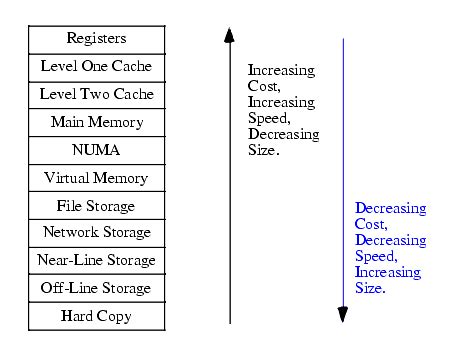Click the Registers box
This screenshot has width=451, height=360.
(x=96, y=38)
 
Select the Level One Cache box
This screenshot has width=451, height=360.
(x=96, y=66)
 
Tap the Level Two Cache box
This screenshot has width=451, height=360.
(x=96, y=94)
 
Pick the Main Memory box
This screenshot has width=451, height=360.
(x=96, y=122)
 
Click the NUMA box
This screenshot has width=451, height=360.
(x=96, y=150)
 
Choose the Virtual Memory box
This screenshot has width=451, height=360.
(x=96, y=178)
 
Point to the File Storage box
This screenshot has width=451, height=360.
(x=96, y=206)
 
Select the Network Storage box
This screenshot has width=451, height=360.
(x=96, y=233)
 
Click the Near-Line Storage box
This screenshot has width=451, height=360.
(x=96, y=261)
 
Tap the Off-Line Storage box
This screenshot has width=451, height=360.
(x=96, y=289)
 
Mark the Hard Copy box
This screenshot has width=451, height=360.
(x=96, y=317)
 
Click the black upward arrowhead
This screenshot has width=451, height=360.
(x=229, y=35)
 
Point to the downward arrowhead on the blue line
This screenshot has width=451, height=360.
(x=343, y=314)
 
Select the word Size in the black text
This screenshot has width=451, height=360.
(x=261, y=151)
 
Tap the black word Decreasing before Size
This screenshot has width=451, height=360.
(x=283, y=135)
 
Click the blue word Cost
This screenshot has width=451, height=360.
(x=370, y=225)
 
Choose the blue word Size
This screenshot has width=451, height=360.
(x=369, y=289)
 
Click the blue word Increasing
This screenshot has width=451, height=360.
(x=388, y=273)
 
